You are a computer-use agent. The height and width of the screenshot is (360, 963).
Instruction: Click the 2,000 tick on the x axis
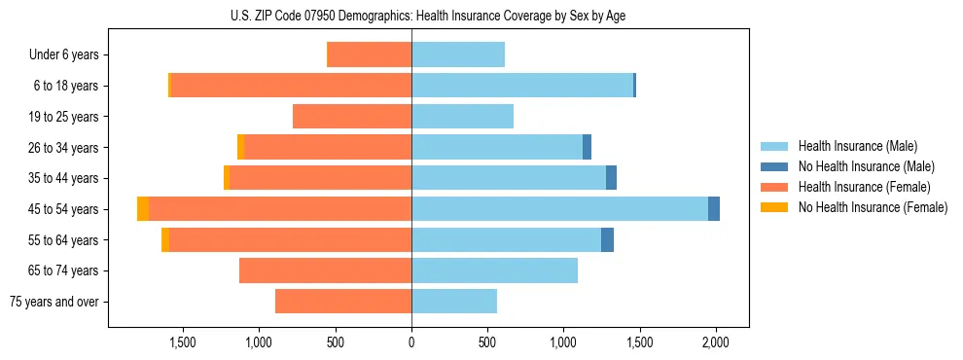[716, 342]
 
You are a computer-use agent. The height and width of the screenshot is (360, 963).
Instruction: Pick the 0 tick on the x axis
[411, 342]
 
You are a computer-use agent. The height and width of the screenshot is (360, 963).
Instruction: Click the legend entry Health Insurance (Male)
[857, 146]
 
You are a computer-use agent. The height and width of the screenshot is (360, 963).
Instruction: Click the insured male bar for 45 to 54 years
[559, 209]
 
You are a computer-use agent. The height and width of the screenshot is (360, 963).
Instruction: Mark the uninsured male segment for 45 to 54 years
[714, 209]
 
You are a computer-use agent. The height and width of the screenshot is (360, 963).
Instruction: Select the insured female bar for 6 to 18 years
[291, 86]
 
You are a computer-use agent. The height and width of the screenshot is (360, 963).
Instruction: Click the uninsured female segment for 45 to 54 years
[143, 209]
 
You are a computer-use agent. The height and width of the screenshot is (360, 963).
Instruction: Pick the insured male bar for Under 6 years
[458, 55]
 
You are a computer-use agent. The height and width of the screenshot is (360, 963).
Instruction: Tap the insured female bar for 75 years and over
[343, 302]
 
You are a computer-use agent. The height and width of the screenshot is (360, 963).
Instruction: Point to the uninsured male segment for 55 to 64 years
[607, 240]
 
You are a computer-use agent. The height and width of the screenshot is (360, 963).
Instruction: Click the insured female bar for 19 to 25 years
[352, 117]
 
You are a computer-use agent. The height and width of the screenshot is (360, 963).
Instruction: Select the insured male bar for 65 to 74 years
[494, 270]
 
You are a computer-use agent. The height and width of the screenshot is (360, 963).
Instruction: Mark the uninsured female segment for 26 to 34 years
[240, 148]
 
